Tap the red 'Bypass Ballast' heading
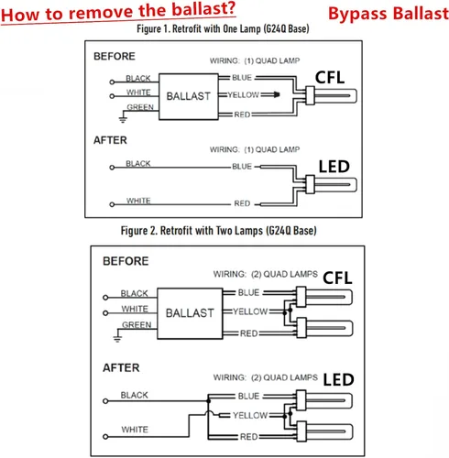click(389, 14)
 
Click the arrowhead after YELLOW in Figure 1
click(276, 94)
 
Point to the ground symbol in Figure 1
click(123, 119)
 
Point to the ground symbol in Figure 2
click(117, 338)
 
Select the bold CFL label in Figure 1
click(330, 77)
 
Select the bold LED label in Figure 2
click(338, 379)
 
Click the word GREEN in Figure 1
click(140, 107)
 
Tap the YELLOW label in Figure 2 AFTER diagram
click(250, 415)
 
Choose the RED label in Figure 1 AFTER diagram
click(242, 203)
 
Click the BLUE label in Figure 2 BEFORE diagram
click(248, 292)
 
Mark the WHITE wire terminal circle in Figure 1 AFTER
click(112, 204)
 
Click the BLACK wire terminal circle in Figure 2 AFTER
click(105, 401)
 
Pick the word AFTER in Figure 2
click(121, 367)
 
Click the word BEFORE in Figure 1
click(115, 56)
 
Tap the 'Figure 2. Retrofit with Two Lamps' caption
click(192, 231)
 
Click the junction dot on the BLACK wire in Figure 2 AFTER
click(208, 401)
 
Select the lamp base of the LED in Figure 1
click(310, 184)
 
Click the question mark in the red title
click(230, 8)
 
